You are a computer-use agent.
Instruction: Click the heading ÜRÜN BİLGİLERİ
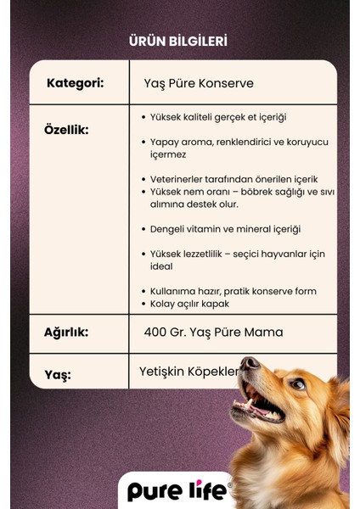coord(177,41)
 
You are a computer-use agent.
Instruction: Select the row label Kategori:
coord(76,83)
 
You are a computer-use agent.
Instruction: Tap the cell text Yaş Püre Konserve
coord(199,84)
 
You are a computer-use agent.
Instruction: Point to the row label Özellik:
coord(66,130)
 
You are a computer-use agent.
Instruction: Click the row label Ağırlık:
coord(66,333)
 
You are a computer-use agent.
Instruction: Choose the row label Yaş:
coord(58,374)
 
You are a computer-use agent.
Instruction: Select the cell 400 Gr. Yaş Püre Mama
coord(213,333)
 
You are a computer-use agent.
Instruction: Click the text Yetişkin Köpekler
coord(191,372)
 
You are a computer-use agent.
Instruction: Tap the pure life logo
coord(179,491)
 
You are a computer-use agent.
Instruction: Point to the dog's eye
coord(297,384)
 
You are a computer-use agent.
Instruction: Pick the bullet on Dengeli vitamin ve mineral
coord(226,229)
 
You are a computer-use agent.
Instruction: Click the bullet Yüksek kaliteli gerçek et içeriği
coord(219,117)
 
